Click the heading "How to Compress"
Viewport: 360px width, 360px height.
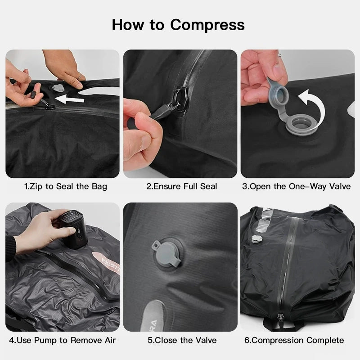click(178, 24)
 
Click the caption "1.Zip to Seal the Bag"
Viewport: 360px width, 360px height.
click(65, 186)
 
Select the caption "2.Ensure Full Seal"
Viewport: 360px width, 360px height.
click(181, 186)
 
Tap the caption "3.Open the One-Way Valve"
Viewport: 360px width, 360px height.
click(297, 186)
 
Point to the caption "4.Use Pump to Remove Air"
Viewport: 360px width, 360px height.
click(63, 340)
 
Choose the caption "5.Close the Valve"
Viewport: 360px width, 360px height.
click(182, 340)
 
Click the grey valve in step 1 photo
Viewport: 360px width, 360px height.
click(58, 89)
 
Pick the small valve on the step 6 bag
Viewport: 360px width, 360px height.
click(257, 238)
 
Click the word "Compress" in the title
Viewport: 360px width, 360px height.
click(208, 24)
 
